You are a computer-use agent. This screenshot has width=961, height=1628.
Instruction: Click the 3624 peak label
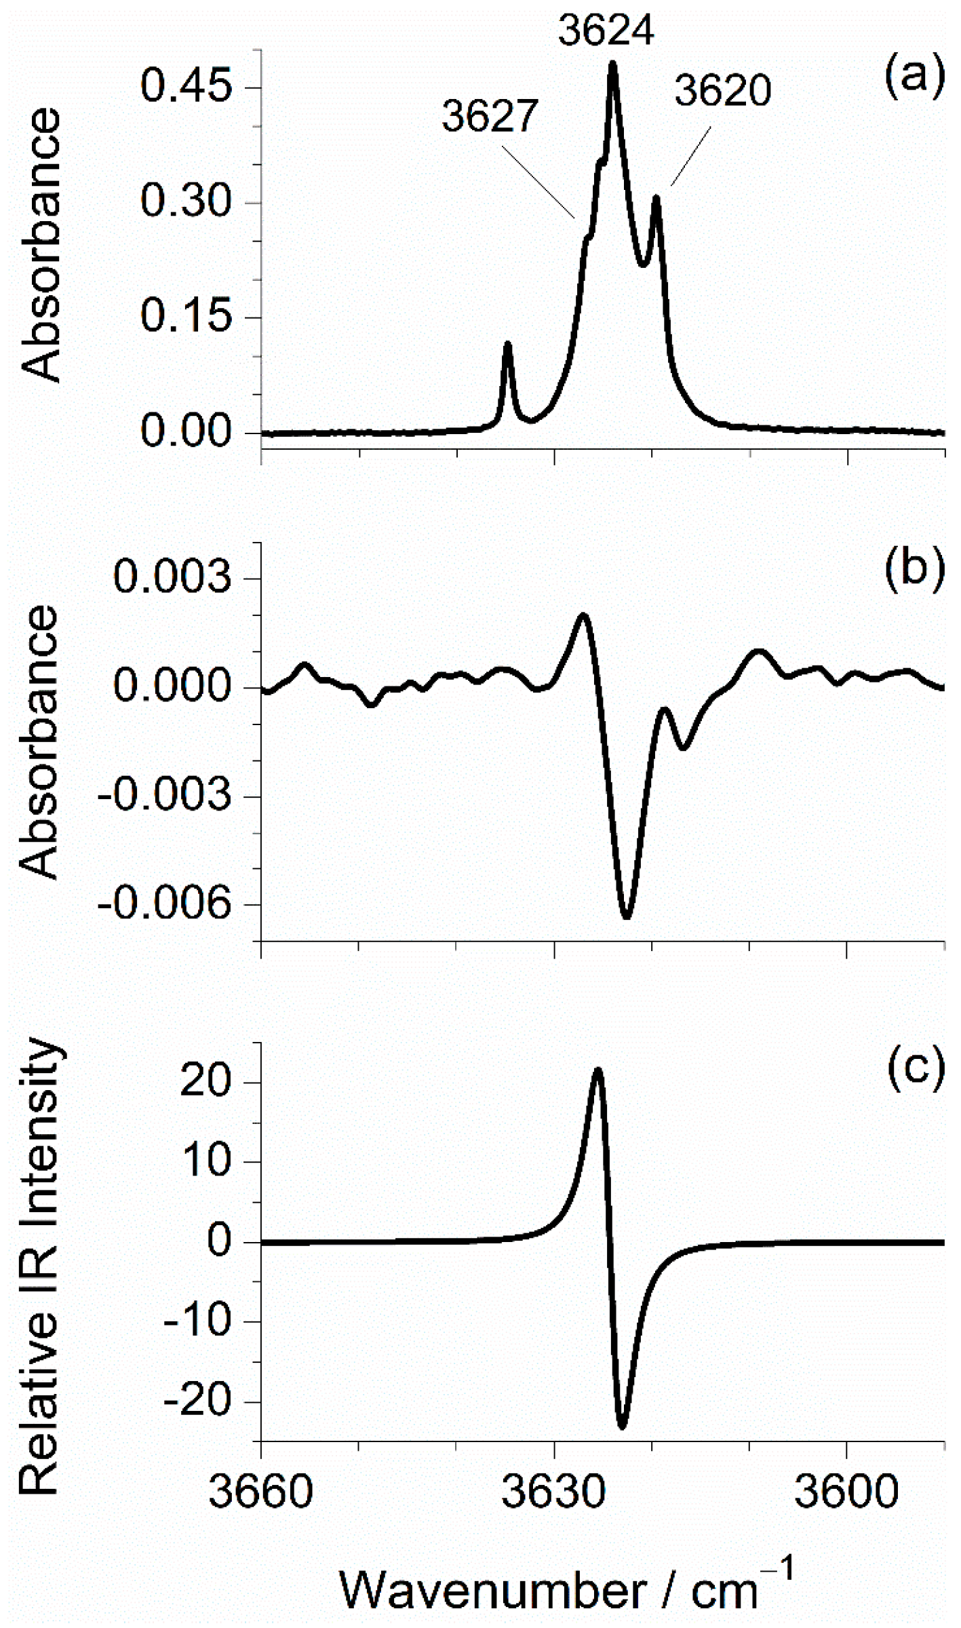point(606,31)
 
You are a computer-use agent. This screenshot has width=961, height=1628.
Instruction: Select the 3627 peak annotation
point(490,115)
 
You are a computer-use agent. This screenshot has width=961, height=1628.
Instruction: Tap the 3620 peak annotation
point(723,91)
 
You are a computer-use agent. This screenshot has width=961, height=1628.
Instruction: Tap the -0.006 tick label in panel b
point(165,904)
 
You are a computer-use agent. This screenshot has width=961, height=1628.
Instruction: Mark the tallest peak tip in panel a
point(613,63)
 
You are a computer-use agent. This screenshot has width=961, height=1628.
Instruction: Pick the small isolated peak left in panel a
point(507,345)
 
